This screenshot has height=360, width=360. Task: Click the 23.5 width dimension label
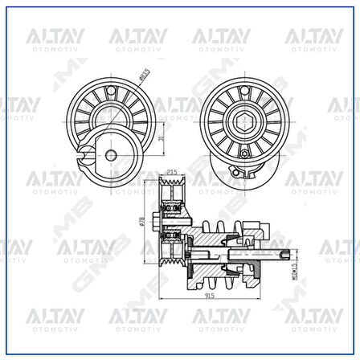[171, 171]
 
